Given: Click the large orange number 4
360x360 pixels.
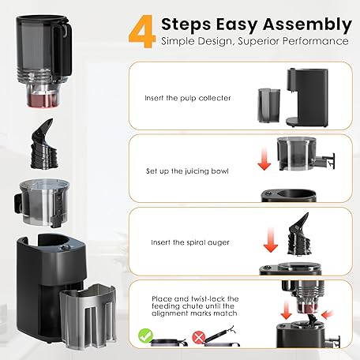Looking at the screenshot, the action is [x=142, y=32].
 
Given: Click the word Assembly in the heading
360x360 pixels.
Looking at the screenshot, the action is [x=307, y=25].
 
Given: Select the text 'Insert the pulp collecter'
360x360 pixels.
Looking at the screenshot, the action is [x=188, y=98].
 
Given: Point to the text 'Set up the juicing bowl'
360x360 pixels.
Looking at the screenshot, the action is [x=187, y=171].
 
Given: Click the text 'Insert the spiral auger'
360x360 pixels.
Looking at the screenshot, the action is [x=190, y=242].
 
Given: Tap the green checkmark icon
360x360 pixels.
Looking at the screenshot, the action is [x=145, y=336].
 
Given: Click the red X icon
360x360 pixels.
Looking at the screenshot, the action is [x=199, y=337].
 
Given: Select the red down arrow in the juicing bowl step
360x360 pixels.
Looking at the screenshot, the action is [x=264, y=159].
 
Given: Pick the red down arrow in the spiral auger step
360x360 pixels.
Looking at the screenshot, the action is [x=271, y=240].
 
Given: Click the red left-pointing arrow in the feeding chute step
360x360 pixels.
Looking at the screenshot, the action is [x=328, y=314].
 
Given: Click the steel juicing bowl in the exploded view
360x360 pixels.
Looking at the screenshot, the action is [x=42, y=202].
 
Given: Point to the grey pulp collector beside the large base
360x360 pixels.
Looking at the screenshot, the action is [x=88, y=316].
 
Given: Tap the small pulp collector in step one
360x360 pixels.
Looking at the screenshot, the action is [x=268, y=106].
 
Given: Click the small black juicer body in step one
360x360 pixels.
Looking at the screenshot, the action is [x=307, y=97].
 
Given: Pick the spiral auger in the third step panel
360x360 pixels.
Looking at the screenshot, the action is [x=298, y=234].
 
